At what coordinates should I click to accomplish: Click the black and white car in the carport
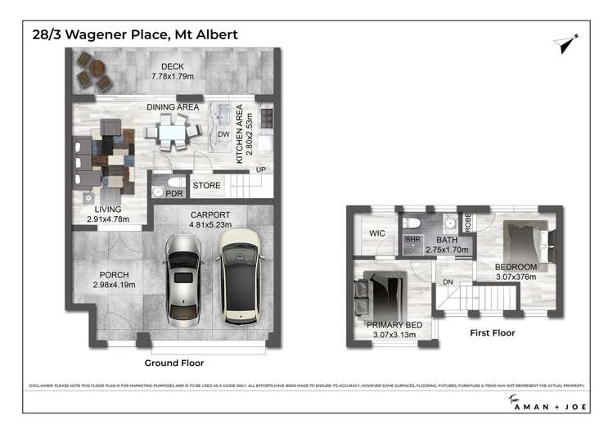point(237,276)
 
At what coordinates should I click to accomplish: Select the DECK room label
point(172,66)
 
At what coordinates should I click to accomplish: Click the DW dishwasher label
point(223,135)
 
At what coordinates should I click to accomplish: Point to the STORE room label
point(207,186)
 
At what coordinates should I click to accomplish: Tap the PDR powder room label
point(173,193)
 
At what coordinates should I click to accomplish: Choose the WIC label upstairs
point(377,233)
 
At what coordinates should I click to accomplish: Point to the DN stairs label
point(447,282)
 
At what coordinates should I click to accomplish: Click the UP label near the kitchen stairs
point(261,170)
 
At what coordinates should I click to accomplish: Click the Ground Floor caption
point(174,363)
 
